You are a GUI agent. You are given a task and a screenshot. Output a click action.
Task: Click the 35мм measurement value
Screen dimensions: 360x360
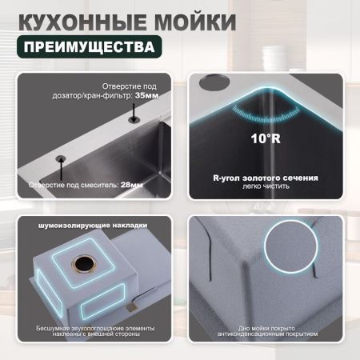(147, 94)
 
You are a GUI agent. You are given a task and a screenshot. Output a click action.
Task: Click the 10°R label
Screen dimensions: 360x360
(266, 138)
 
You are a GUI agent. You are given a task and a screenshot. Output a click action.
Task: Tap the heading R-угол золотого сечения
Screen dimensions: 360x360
(266, 177)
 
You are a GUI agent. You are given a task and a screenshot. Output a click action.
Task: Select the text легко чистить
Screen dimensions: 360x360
(266, 186)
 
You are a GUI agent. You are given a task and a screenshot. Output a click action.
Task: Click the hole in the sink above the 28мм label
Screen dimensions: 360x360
(60, 158)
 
